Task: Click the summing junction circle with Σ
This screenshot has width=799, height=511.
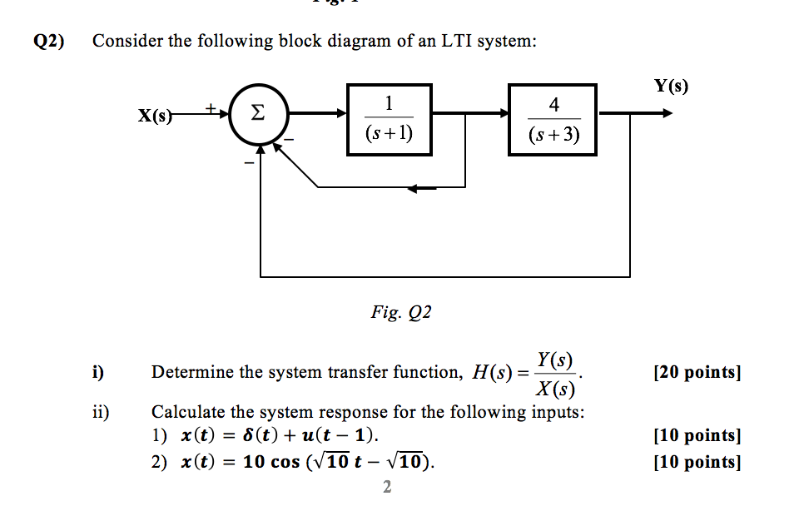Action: coord(258,112)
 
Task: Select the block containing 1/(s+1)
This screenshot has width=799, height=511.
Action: coord(390,119)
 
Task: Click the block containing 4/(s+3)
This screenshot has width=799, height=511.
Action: coord(553,119)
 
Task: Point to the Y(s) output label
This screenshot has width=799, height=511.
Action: coord(672,86)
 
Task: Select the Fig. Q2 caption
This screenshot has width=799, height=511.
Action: coord(401,313)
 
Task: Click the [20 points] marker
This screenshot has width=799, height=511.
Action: coord(697,372)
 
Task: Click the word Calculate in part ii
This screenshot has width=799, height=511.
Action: coord(187,412)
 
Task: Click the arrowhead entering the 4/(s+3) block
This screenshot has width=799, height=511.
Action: coord(502,113)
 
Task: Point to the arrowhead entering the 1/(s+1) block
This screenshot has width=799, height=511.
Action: coord(341,113)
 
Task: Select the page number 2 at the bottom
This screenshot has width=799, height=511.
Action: coord(387,487)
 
